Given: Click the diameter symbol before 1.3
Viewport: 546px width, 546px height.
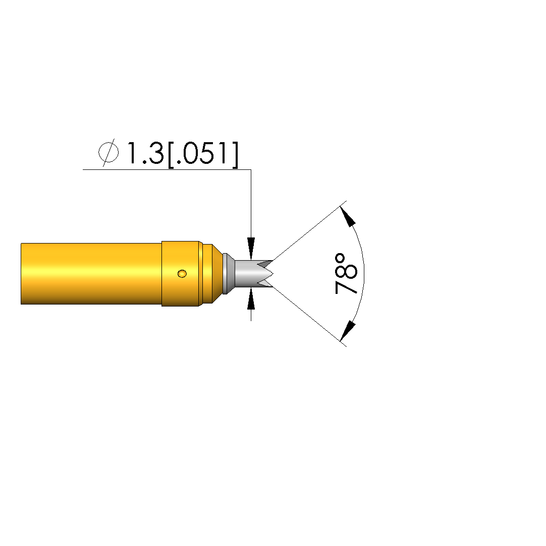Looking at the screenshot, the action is (x=108, y=153).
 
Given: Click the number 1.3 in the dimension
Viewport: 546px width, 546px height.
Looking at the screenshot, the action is (x=145, y=153).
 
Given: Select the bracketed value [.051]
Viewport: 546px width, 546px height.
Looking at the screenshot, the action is (x=203, y=154).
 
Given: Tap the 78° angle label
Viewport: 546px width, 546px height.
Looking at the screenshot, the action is (x=346, y=274).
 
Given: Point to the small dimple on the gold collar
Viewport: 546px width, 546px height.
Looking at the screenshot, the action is (x=182, y=274).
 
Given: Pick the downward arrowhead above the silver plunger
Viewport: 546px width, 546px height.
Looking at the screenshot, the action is (x=251, y=249).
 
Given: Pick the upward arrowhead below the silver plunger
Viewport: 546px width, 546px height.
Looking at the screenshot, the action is (x=251, y=298).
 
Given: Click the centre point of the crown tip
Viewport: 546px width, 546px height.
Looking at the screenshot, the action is (x=273, y=274).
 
